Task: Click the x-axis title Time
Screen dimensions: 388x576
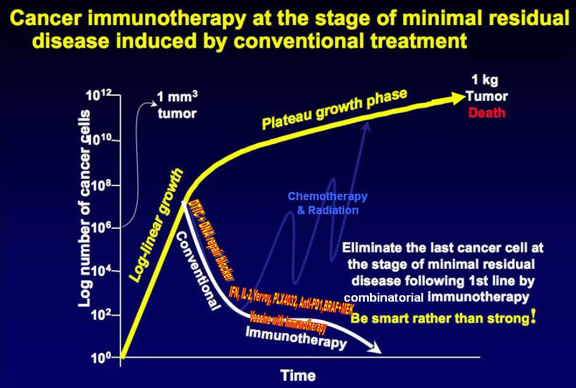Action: (x=298, y=375)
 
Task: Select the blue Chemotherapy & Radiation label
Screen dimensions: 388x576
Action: (x=327, y=203)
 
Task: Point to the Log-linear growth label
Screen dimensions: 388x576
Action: (x=156, y=225)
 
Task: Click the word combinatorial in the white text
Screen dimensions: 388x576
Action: (x=383, y=298)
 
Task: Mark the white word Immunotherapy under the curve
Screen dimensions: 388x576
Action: (x=295, y=338)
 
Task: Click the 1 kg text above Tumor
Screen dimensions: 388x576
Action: (x=486, y=81)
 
